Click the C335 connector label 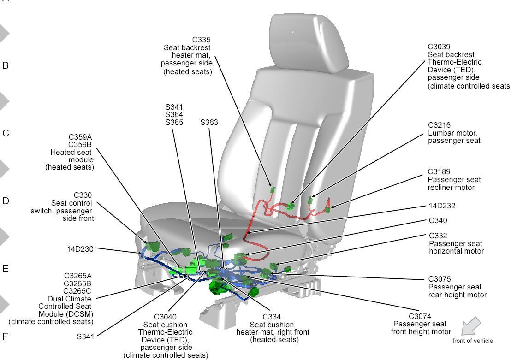pos(201,40)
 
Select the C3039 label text pos(439,47)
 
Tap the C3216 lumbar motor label pos(439,125)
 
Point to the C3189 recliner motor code pos(439,172)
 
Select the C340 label pos(438,221)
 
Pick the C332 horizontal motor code pos(438,236)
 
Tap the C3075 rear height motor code pos(439,279)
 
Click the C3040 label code pos(165,317)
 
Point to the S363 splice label pos(209,123)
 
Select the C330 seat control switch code pos(83,195)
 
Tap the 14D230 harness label pos(80,249)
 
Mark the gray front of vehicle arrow pos(471,326)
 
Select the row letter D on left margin pos(6,201)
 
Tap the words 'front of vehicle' pos(472,341)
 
